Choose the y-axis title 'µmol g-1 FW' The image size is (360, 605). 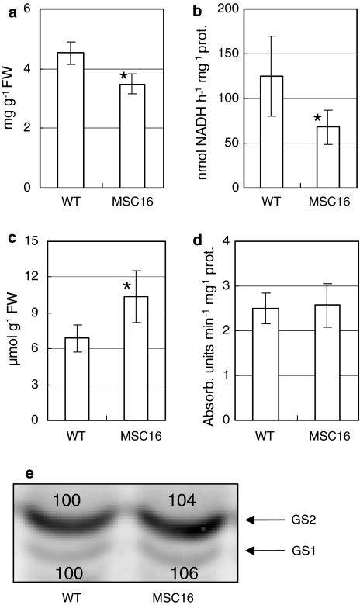11,332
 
